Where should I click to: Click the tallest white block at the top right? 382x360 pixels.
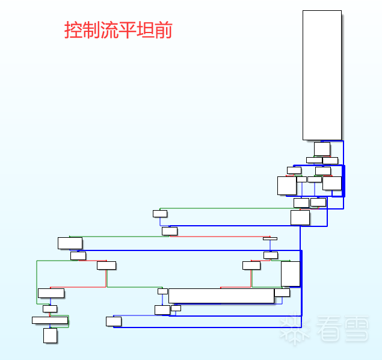(322, 75)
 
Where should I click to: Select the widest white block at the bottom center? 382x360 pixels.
(221, 296)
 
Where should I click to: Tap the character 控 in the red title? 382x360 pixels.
(73, 30)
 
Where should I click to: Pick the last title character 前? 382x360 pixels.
(163, 30)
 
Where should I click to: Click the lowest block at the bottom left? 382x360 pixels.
(50, 335)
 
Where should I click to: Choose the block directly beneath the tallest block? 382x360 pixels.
(322, 149)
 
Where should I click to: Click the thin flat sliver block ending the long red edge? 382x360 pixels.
(270, 238)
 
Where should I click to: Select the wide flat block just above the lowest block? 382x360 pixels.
(50, 320)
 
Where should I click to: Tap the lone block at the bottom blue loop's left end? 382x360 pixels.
(114, 321)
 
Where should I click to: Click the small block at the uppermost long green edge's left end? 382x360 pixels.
(159, 213)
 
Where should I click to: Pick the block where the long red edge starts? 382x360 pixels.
(170, 231)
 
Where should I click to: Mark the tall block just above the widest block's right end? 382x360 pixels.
(290, 274)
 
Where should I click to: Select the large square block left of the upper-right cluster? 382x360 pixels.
(286, 185)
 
